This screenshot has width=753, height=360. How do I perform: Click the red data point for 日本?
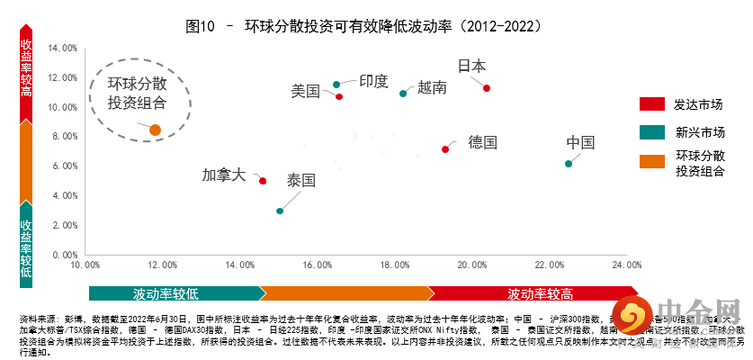[487, 87]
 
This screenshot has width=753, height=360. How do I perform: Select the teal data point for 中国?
[568, 164]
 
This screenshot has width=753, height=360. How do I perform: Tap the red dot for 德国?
[445, 149]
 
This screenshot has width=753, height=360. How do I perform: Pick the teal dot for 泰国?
[280, 211]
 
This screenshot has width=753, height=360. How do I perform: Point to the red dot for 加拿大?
[263, 181]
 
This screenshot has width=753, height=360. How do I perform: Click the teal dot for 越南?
[403, 94]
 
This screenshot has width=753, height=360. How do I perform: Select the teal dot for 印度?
[336, 85]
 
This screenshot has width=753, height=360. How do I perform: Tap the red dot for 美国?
[339, 96]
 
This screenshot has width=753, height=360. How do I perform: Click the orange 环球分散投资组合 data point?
[155, 130]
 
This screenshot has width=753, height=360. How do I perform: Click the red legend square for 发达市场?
[651, 103]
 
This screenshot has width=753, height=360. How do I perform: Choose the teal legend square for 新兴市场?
[651, 132]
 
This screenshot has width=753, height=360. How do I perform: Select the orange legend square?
[651, 161]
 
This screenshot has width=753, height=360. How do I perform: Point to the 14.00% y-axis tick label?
[62, 49]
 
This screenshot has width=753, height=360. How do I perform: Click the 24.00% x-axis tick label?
[626, 265]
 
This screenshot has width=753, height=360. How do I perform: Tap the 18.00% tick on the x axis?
[395, 265]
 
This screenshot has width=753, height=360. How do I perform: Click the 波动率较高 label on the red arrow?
[540, 293]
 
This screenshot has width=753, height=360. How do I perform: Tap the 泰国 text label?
[301, 180]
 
